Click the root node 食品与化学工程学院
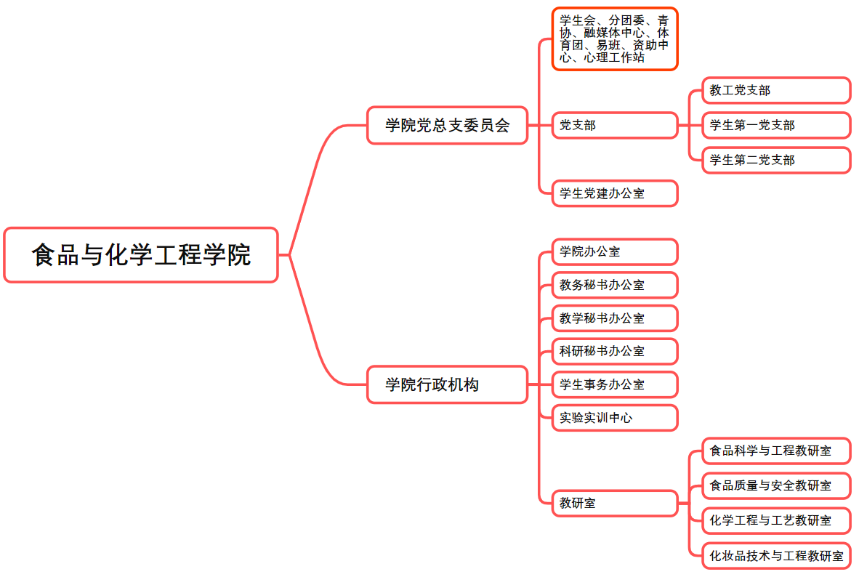point(141,255)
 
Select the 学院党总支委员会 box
point(447,125)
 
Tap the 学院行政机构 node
point(447,384)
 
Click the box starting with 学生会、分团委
point(614,39)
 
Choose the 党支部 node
point(614,125)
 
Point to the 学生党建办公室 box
point(614,193)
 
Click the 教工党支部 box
point(775,90)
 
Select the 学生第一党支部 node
point(775,125)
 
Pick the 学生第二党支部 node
point(775,160)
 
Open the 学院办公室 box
point(614,251)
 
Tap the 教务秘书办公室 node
point(614,285)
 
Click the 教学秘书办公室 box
point(614,318)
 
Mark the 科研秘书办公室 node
point(614,351)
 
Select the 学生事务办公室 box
point(614,384)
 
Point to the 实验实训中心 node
point(614,418)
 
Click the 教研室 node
point(614,502)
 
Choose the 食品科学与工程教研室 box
point(775,451)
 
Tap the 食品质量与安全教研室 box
point(775,485)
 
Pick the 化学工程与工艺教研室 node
point(775,520)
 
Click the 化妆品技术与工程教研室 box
point(775,556)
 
